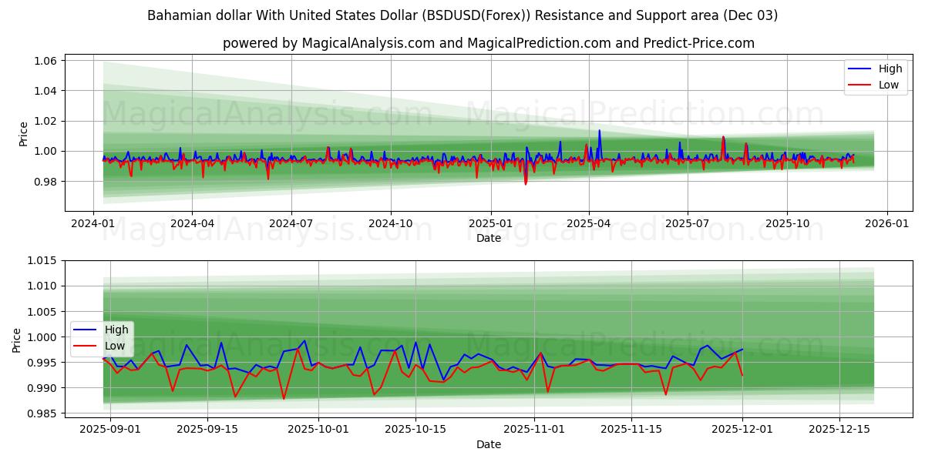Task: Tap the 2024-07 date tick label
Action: click(291, 223)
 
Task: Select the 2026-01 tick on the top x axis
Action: click(886, 223)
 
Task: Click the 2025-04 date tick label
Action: click(589, 223)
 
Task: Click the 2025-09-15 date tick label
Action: click(207, 429)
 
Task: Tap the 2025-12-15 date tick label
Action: click(839, 429)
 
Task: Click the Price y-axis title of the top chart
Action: click(24, 134)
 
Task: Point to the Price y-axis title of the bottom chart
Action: click(17, 340)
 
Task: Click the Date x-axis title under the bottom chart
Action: click(488, 444)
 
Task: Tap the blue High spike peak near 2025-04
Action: click(600, 130)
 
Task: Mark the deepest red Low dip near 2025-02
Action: click(526, 184)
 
